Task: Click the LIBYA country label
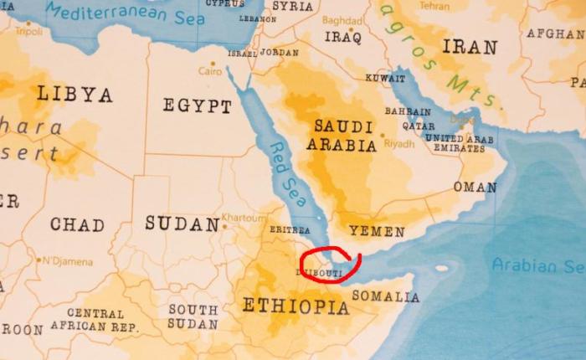(x=74, y=95)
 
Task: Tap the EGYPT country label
(x=197, y=106)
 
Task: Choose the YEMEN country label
(x=377, y=231)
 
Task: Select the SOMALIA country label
(x=386, y=296)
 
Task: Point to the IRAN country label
(x=470, y=47)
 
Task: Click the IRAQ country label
(x=342, y=38)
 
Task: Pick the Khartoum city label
(x=244, y=218)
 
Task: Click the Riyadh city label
(x=399, y=144)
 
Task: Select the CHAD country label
(x=77, y=224)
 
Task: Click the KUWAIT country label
(x=386, y=78)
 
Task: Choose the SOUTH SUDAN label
(x=193, y=316)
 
